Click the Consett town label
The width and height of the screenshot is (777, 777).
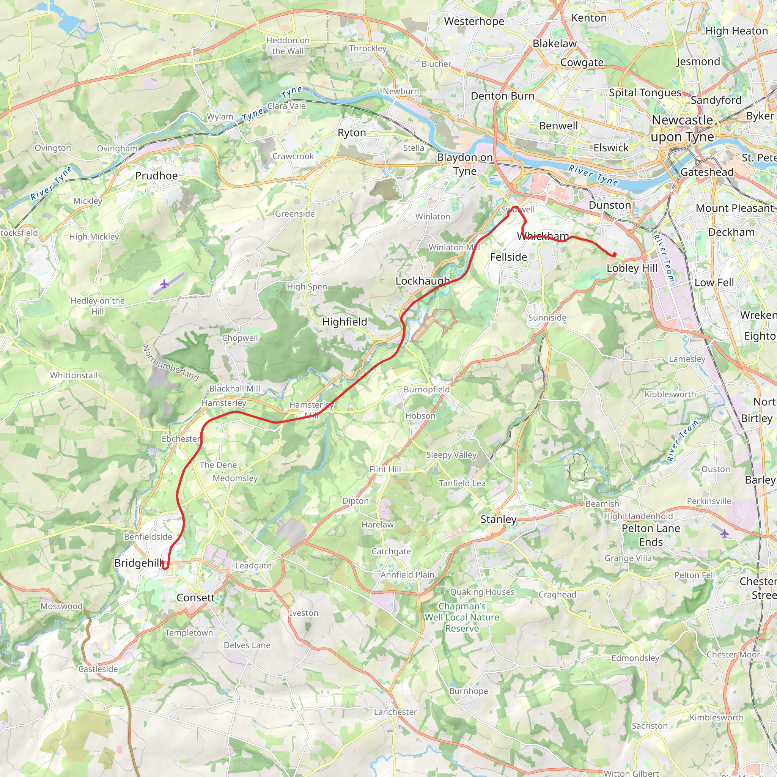[195, 598]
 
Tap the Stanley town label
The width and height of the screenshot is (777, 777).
[498, 519]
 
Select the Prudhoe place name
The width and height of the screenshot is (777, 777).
[156, 176]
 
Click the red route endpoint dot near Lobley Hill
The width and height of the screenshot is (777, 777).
[614, 254]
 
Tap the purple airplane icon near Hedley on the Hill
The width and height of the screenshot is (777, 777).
[164, 284]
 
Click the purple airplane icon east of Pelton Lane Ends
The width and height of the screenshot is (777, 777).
[724, 534]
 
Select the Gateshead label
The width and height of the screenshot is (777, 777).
[706, 172]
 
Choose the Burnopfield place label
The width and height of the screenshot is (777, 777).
[427, 389]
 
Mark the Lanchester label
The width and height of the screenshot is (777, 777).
[395, 712]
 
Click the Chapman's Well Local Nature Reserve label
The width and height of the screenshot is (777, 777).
[462, 617]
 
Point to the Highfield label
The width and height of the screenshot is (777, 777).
[344, 322]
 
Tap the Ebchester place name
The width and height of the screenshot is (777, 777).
[181, 439]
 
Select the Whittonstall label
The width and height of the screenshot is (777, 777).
[74, 375]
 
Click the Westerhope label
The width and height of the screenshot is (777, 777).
[474, 21]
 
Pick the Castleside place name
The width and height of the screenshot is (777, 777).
[98, 669]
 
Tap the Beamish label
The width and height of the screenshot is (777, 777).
[602, 504]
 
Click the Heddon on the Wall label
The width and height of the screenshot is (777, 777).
[288, 46]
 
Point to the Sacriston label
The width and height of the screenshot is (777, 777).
[650, 726]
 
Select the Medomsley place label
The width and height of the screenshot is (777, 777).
[235, 478]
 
